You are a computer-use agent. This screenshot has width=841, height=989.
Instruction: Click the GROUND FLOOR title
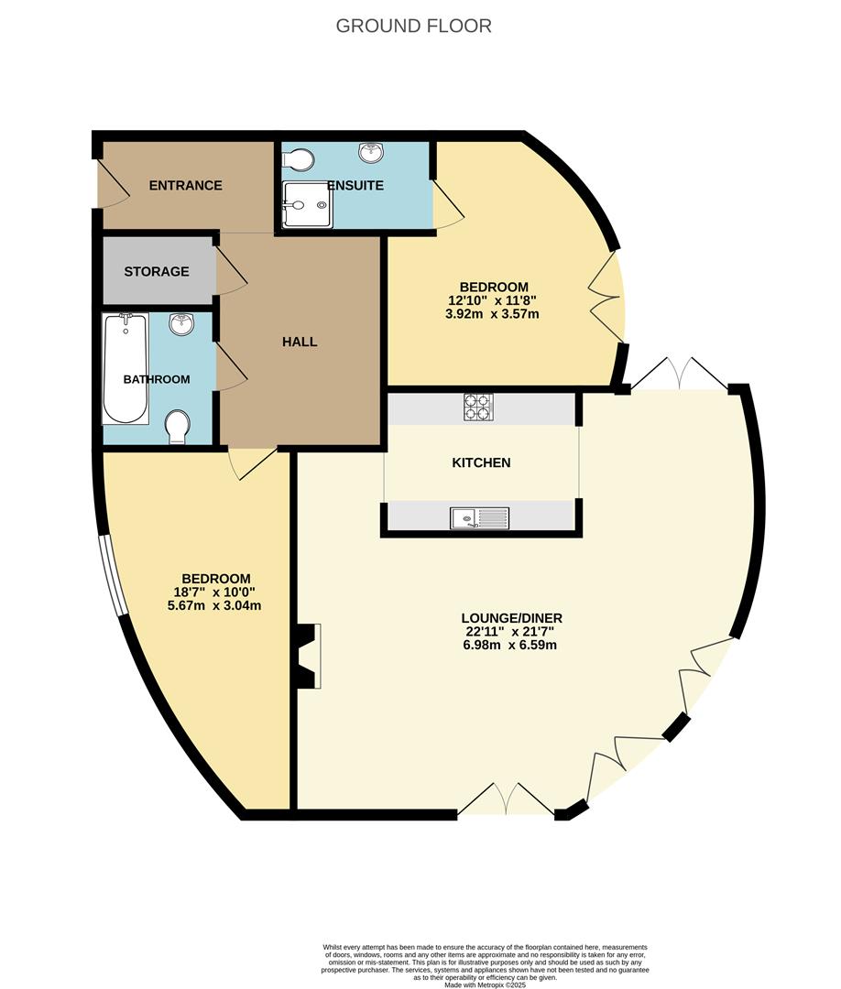413,26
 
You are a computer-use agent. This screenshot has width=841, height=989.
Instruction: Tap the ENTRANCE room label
186,186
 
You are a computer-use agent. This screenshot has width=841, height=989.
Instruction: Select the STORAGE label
157,272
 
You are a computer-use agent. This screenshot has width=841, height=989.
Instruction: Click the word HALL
300,342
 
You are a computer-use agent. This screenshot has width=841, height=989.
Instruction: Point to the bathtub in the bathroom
126,368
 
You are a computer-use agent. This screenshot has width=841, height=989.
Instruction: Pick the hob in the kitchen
477,407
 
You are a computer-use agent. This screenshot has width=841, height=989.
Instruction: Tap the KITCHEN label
481,462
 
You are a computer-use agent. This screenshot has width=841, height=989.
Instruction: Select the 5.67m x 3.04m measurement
216,605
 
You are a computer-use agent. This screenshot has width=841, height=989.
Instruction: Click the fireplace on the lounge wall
309,655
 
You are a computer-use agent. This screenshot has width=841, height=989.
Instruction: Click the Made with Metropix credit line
486,984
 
